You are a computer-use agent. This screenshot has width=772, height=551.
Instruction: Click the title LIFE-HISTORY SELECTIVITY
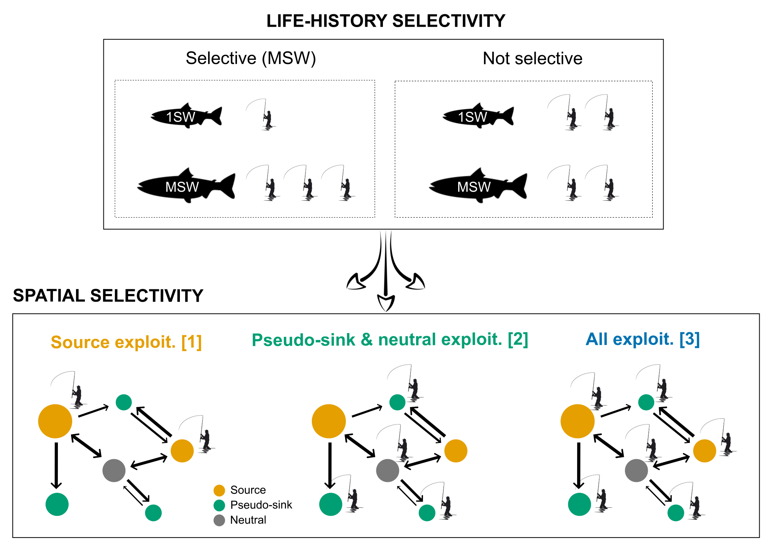click(x=386, y=21)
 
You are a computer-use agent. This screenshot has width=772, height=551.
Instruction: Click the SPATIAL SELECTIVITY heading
click(x=108, y=296)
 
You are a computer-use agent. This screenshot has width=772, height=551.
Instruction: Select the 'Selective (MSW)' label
click(x=251, y=58)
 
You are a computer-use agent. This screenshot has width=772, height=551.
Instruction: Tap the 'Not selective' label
click(x=532, y=58)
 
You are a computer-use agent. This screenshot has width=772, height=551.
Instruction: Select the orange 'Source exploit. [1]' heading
click(x=126, y=342)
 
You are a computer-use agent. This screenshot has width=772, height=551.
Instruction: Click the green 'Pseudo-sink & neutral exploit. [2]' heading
click(x=390, y=340)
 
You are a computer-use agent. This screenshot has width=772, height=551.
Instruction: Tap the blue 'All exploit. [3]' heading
click(x=643, y=339)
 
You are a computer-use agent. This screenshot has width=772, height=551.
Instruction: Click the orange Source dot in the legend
click(x=219, y=490)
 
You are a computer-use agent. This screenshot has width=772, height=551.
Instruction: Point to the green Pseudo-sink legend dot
click(x=219, y=505)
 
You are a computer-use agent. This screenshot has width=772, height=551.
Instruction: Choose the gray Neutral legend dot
click(x=219, y=521)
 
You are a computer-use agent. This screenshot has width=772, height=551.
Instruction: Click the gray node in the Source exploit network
click(x=114, y=470)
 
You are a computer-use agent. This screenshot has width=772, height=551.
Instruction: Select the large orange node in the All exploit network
click(x=577, y=421)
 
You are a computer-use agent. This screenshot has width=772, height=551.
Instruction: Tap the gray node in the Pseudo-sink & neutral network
click(x=388, y=470)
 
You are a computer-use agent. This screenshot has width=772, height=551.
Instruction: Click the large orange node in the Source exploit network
click(x=55, y=421)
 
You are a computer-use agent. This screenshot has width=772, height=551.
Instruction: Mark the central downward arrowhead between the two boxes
click(x=386, y=303)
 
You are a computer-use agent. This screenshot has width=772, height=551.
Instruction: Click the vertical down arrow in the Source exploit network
click(x=56, y=465)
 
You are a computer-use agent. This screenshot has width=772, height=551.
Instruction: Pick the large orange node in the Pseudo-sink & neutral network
click(x=329, y=421)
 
